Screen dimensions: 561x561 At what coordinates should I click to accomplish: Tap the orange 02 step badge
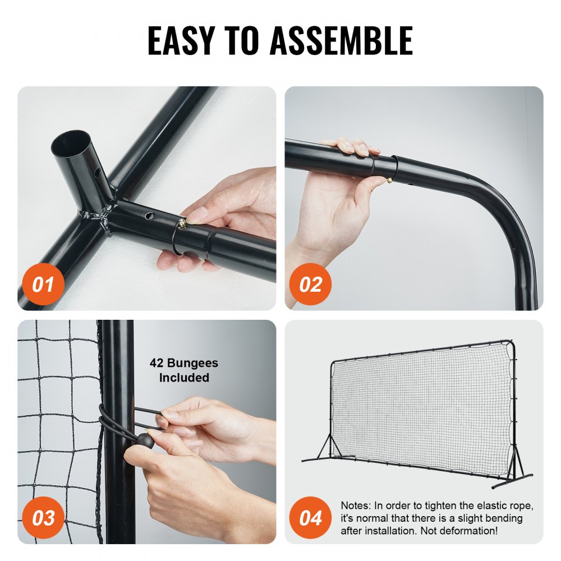tap(310, 284)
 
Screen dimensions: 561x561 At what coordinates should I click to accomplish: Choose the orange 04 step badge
tap(310, 518)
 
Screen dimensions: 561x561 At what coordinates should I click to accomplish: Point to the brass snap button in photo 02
tap(389, 180)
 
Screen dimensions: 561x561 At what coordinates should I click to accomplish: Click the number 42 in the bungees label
tap(157, 364)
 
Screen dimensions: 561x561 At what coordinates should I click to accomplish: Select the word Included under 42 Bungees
tap(183, 378)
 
